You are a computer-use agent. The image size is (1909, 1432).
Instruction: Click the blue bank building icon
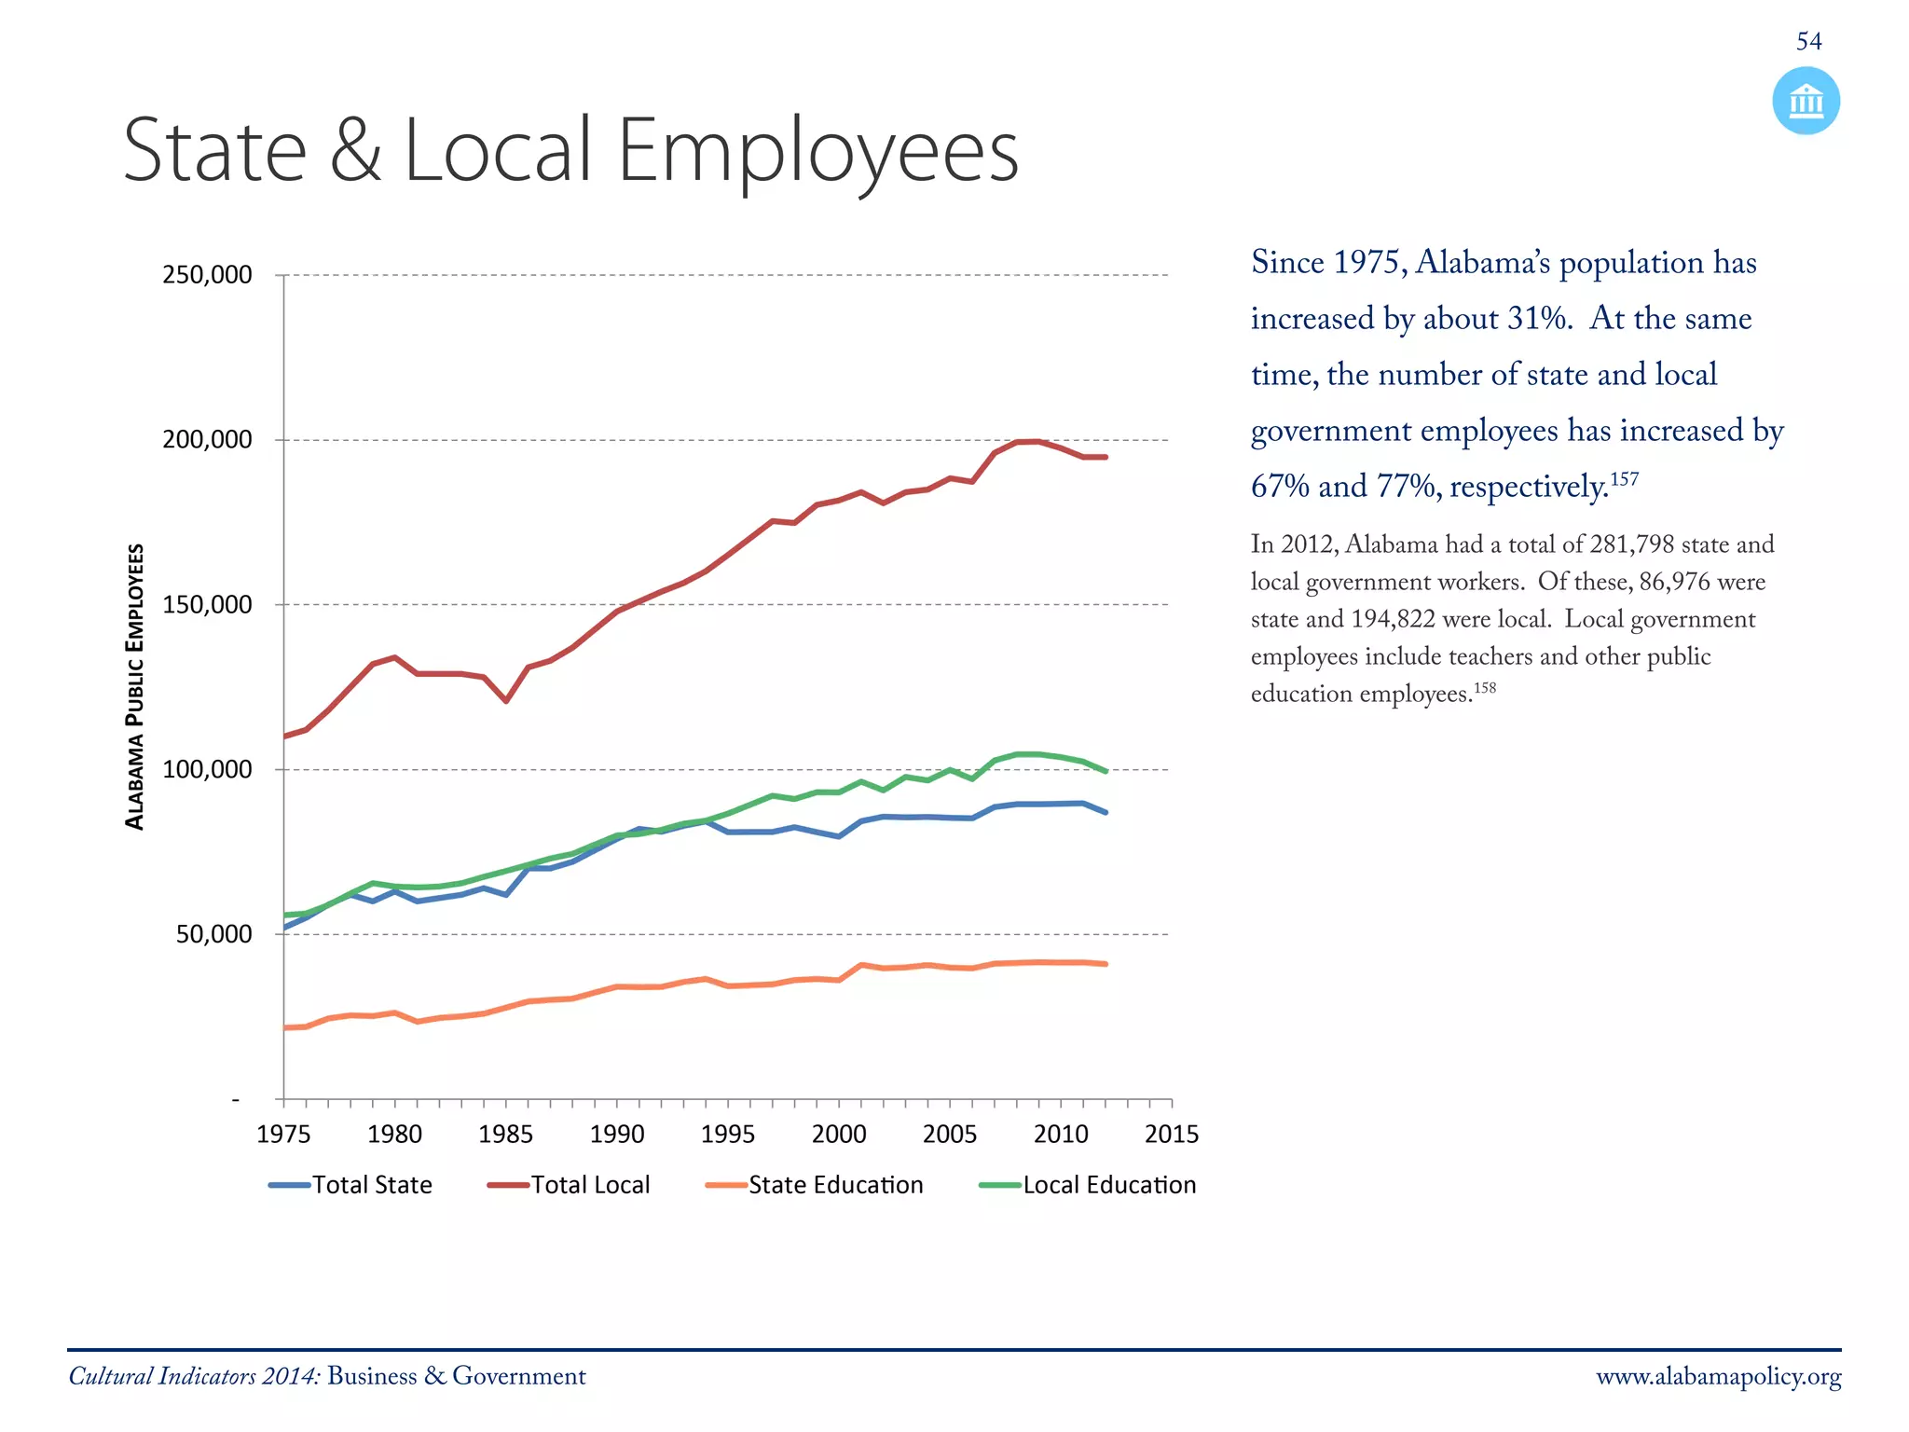click(x=1806, y=101)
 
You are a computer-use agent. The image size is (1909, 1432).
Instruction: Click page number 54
click(x=1808, y=41)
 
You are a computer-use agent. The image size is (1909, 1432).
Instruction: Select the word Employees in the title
click(x=817, y=151)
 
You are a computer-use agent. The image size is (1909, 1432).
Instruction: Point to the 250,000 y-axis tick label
click(x=207, y=275)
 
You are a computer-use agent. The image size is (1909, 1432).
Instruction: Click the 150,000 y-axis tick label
click(x=207, y=605)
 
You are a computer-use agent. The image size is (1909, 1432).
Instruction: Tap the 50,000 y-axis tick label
click(x=213, y=934)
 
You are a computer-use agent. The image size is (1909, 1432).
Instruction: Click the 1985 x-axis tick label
click(x=505, y=1134)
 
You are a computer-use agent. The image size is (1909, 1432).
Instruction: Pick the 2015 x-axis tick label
click(x=1171, y=1134)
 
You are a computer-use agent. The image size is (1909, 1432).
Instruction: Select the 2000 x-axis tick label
click(x=838, y=1134)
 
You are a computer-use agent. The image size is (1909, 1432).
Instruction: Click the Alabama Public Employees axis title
click(x=135, y=686)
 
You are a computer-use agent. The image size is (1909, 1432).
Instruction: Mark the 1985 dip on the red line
click(x=506, y=700)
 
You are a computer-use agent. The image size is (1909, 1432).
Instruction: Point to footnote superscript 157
click(x=1624, y=479)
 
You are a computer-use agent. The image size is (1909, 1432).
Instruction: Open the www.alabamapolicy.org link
click(x=1718, y=1377)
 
